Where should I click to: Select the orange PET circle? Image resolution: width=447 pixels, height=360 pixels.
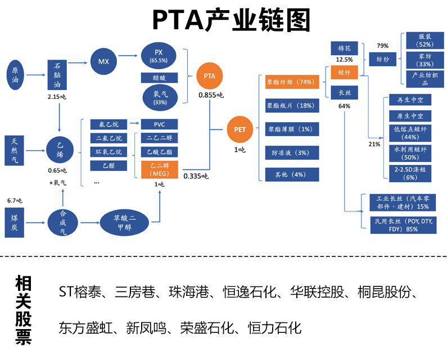coord(240,129)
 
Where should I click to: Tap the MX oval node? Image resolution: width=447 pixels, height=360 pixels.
coord(103,61)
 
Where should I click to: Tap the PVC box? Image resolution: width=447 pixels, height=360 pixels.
coord(159,124)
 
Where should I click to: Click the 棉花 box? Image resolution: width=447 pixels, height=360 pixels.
coord(344,49)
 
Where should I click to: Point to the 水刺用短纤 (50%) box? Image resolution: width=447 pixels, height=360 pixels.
coord(410,152)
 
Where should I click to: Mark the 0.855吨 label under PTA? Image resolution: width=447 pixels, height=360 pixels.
coord(211,96)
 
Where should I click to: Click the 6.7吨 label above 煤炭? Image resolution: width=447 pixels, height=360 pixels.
coord(15,200)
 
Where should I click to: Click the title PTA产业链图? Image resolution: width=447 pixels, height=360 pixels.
coord(231,21)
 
